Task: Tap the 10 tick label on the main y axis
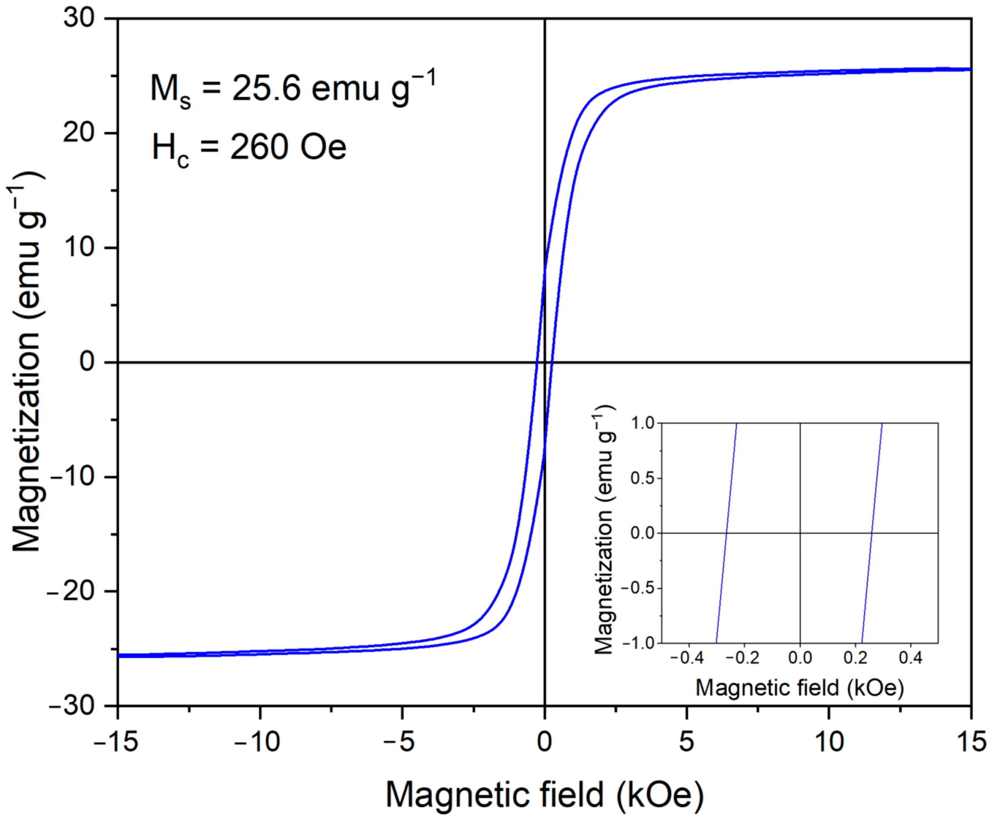(x=79, y=248)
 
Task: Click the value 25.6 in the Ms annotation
(x=266, y=88)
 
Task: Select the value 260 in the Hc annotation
(x=259, y=148)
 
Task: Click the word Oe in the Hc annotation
(x=323, y=148)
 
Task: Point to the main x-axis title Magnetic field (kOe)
(x=545, y=794)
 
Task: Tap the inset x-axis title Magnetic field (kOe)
(x=799, y=688)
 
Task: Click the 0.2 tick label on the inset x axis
(x=855, y=657)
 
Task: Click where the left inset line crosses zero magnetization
(x=727, y=533)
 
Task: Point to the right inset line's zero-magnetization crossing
(x=872, y=533)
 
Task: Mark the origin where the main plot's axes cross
(x=545, y=362)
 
